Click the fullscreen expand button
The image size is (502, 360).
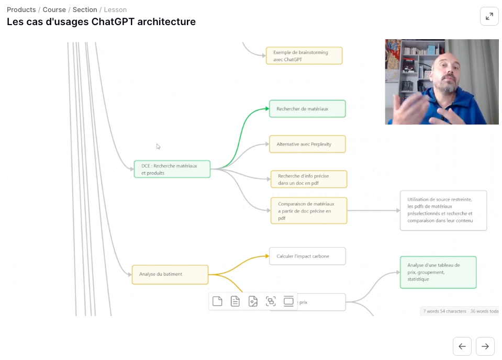(489, 16)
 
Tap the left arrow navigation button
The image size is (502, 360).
(462, 346)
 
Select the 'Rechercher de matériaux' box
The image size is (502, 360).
(307, 109)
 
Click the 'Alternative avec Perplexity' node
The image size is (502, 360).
(307, 144)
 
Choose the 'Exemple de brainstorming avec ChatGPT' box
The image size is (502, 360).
(304, 55)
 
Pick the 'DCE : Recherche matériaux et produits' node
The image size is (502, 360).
(172, 169)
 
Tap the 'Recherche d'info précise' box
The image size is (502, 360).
(309, 179)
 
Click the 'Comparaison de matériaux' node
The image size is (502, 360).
(309, 210)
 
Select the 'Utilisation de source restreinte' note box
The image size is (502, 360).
(443, 210)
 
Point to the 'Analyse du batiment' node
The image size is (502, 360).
(170, 274)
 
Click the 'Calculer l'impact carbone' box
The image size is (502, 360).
(307, 256)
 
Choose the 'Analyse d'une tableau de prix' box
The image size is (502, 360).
(438, 272)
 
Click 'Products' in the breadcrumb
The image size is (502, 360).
(21, 9)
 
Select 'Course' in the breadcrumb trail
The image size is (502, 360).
(54, 9)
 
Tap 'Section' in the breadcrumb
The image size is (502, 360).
(85, 9)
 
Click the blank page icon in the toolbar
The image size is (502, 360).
(217, 301)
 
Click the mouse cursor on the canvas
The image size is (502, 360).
(158, 147)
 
